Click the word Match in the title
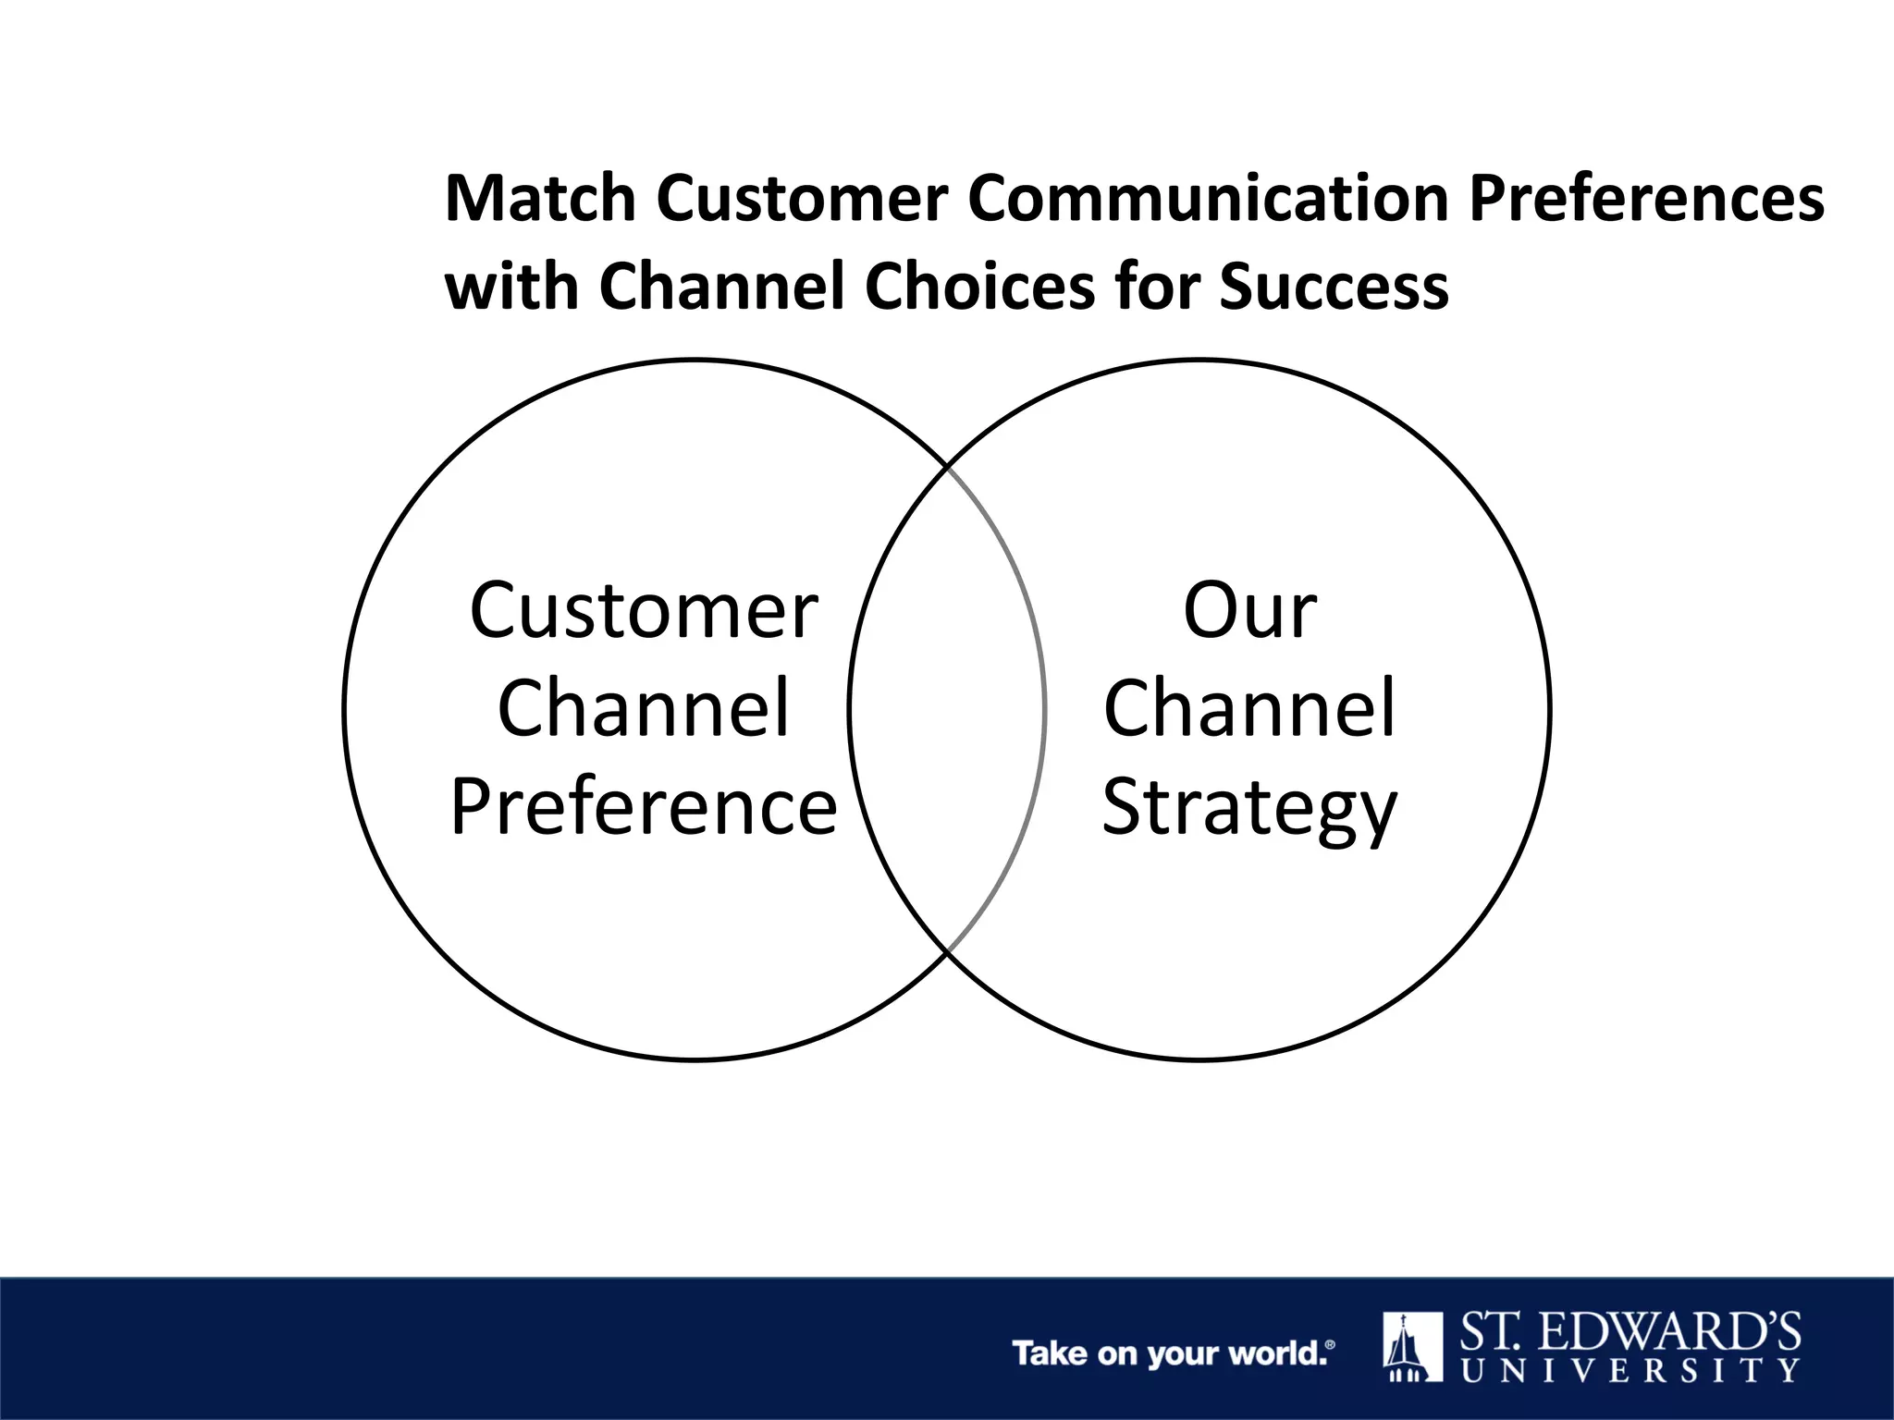(x=540, y=199)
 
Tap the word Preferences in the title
(x=1646, y=199)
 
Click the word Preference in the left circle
(x=644, y=806)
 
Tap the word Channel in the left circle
(x=644, y=708)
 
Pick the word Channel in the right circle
(x=1250, y=708)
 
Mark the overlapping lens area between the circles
(x=947, y=708)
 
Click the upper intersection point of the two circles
(x=947, y=466)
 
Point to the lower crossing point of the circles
(x=947, y=951)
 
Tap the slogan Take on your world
(x=1173, y=1353)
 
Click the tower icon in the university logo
(x=1412, y=1347)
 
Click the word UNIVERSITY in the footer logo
(x=1630, y=1370)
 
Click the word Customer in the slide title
(x=803, y=199)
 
